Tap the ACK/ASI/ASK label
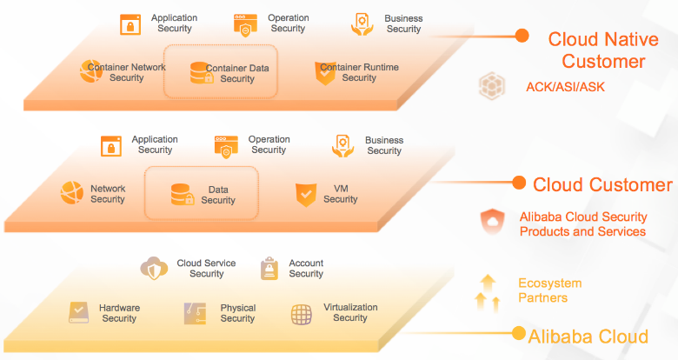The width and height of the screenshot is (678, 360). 565,87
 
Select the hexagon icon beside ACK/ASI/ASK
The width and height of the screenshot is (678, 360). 492,86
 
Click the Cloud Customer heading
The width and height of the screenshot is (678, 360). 602,184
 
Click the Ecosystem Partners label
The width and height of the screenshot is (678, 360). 549,290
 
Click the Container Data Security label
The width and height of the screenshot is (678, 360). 237,73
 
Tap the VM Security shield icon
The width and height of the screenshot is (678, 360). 305,194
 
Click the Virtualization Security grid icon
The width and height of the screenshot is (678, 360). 302,314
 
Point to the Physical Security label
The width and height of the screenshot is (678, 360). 237,313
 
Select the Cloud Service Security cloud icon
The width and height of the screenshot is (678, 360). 154,268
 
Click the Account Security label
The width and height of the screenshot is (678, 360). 306,269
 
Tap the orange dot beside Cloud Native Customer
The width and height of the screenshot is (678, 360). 522,36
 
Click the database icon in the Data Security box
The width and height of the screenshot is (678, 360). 183,194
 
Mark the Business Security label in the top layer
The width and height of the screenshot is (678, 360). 403,23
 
